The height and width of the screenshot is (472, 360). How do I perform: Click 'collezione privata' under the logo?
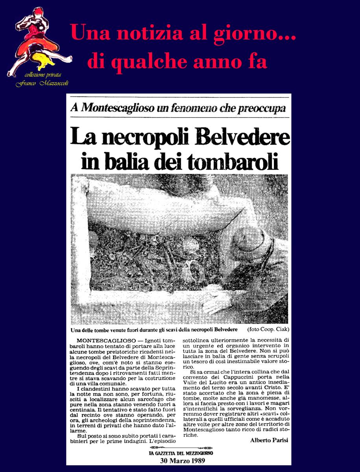tap(42, 76)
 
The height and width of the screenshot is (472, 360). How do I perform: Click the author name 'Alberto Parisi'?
tap(268, 440)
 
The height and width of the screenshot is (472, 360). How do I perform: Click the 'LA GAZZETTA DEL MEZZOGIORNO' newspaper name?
tap(181, 453)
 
